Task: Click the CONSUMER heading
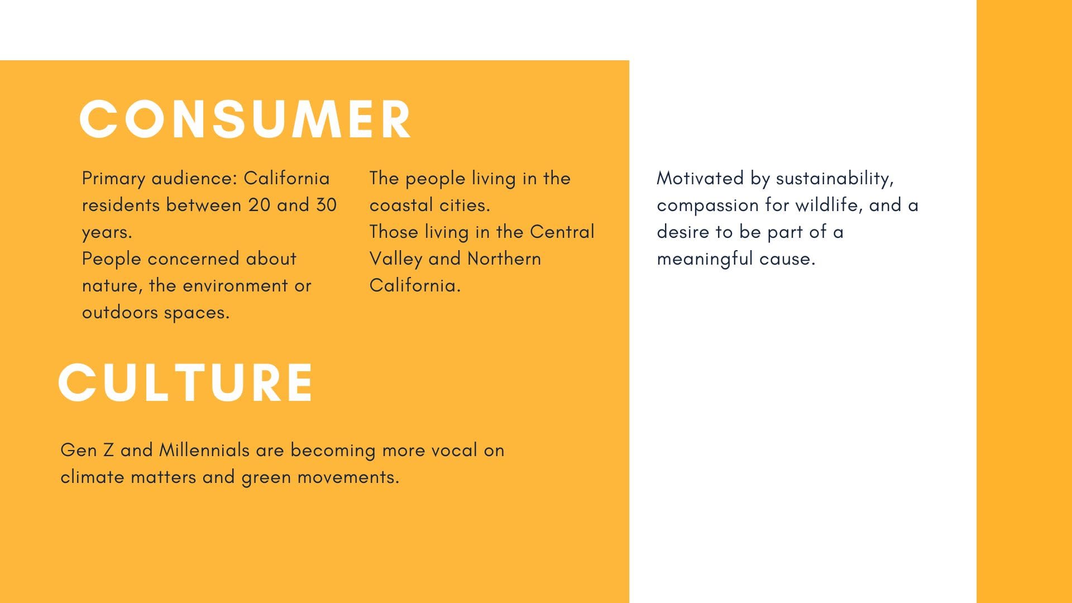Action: [246, 119]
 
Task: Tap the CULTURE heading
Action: [185, 382]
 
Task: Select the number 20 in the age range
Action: [259, 205]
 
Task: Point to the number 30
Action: [326, 205]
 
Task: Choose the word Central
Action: [562, 232]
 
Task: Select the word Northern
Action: [504, 259]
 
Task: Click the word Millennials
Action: [204, 450]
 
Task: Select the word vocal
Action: [454, 450]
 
